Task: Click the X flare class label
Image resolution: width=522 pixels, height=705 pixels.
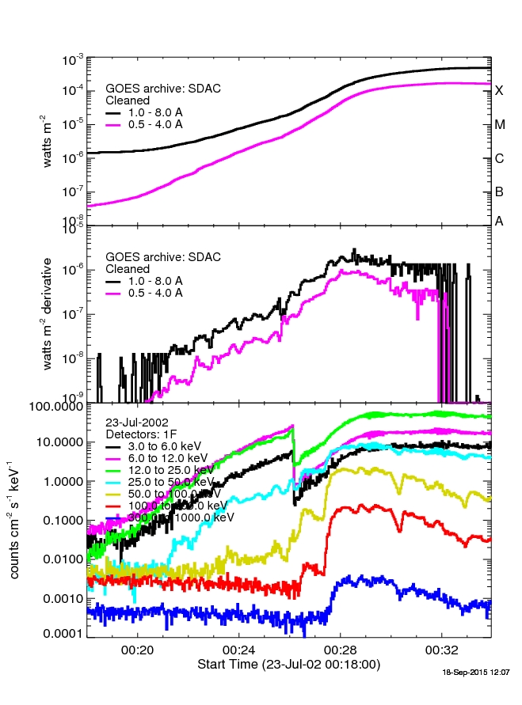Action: (499, 90)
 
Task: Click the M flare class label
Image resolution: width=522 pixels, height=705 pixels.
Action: (499, 124)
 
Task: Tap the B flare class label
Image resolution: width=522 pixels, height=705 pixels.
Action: (499, 191)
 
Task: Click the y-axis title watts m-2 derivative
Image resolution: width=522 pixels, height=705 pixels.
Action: (49, 313)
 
